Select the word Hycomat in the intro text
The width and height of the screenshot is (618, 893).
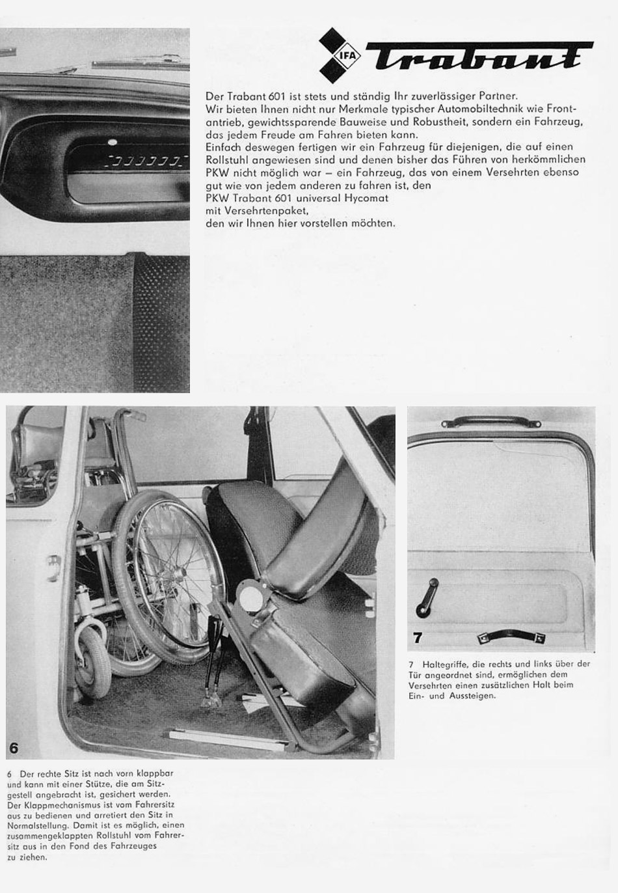(368, 198)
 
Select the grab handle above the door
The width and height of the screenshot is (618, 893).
(491, 423)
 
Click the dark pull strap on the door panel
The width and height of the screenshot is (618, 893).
(511, 638)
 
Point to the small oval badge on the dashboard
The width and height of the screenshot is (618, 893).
(113, 141)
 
